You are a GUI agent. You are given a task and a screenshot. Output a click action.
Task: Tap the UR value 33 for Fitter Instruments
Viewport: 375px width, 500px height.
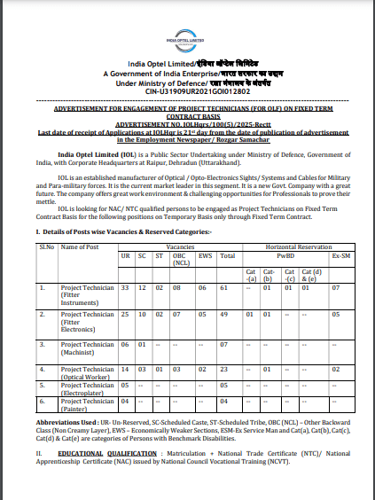click(125, 288)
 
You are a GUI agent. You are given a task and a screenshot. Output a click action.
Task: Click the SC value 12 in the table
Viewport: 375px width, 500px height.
click(142, 288)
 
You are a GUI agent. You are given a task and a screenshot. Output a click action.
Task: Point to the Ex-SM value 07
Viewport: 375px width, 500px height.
click(335, 288)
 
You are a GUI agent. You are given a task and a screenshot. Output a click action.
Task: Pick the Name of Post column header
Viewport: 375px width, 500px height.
click(79, 246)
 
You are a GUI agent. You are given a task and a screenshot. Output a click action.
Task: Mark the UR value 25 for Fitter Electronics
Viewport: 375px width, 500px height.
click(125, 314)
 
